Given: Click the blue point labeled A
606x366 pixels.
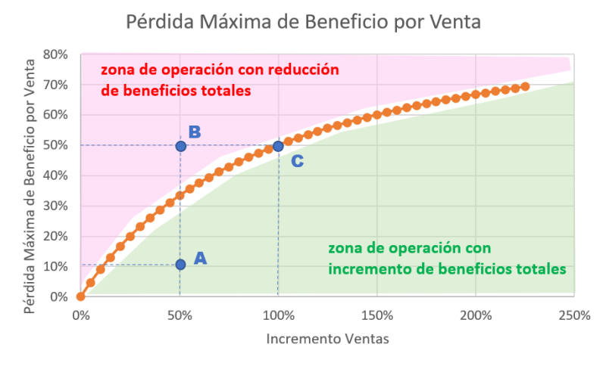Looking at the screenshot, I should click(x=180, y=265).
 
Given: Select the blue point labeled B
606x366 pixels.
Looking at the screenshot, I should click(x=180, y=146).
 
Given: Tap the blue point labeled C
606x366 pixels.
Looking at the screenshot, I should click(x=278, y=146).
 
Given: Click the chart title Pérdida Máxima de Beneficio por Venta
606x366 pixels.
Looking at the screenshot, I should click(x=303, y=21).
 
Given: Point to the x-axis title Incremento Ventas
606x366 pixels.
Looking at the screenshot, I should click(x=327, y=340).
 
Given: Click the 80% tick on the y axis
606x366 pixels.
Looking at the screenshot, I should click(x=58, y=54).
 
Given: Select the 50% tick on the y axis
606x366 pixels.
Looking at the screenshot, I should click(x=58, y=145).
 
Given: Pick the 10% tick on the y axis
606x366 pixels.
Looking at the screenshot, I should click(x=58, y=266).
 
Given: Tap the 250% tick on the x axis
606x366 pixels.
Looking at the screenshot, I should click(x=573, y=314).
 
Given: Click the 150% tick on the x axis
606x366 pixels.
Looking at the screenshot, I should click(x=376, y=314).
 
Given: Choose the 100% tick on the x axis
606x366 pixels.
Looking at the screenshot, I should click(x=278, y=314).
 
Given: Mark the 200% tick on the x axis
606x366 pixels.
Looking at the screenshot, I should click(x=475, y=314).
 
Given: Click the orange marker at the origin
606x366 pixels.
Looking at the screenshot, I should click(x=81, y=296).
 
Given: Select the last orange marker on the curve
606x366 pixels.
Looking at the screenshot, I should click(x=525, y=87).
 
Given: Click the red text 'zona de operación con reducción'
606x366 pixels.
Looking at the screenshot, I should click(x=220, y=70).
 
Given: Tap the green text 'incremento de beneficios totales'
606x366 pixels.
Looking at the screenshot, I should click(x=446, y=268).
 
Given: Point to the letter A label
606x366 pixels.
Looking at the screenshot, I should click(x=200, y=258).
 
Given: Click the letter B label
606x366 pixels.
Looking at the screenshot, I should click(x=195, y=132).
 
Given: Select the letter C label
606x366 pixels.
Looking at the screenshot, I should click(x=298, y=161).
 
